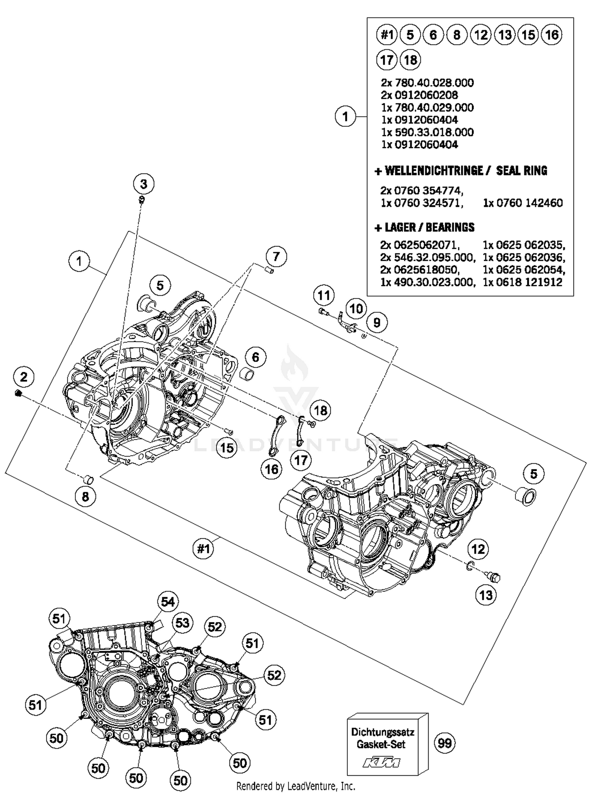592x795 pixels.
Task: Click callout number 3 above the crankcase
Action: [144, 184]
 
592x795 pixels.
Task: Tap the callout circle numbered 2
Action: [24, 377]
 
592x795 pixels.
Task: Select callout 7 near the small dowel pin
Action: [276, 257]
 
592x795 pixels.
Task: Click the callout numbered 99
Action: [444, 743]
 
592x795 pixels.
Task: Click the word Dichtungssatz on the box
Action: [382, 732]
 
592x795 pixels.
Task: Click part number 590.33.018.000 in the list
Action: [427, 132]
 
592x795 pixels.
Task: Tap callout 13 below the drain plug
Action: [486, 595]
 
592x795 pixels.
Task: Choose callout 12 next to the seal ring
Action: [478, 549]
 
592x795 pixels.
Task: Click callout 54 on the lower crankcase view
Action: [168, 602]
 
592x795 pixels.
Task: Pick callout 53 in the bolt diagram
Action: [182, 623]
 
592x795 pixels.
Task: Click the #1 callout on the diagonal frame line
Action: [203, 549]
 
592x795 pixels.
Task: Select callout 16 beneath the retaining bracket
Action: [272, 469]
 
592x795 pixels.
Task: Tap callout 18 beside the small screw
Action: [320, 411]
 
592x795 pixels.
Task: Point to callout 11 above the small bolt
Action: [324, 295]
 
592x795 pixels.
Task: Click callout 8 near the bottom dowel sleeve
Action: [86, 496]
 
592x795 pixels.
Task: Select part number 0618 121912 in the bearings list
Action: [523, 282]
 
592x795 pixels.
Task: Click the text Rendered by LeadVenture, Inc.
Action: [296, 786]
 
